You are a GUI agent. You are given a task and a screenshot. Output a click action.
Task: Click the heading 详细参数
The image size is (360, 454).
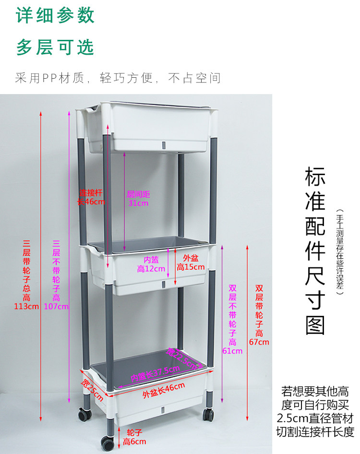click(56, 15)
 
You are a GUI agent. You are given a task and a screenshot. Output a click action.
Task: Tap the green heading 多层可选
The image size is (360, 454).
click(56, 47)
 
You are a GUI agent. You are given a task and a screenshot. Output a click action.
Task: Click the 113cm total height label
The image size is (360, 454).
click(26, 306)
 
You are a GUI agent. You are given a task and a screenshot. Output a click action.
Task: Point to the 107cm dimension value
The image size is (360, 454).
click(56, 306)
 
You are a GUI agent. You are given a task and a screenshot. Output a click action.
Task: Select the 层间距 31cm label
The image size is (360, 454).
click(138, 198)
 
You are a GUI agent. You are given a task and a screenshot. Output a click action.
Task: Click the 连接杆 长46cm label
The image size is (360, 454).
click(91, 197)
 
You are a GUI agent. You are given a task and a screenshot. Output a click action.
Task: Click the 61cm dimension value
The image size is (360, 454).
click(232, 351)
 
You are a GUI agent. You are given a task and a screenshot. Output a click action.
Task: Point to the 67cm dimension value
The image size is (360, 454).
click(259, 342)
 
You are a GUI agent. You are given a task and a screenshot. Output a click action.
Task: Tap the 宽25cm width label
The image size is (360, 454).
click(93, 390)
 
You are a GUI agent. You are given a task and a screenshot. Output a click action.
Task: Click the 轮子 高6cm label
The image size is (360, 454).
click(134, 437)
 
